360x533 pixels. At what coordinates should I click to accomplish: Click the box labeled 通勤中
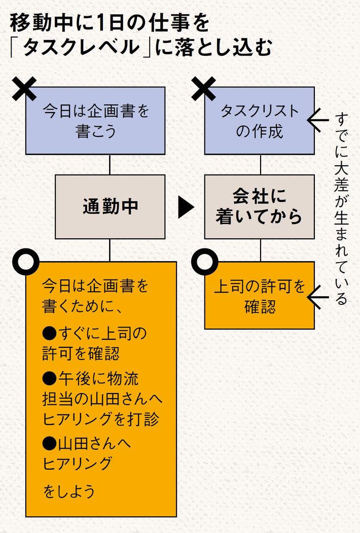coord(110,207)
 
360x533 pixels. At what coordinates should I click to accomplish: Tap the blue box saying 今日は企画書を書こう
coord(95,121)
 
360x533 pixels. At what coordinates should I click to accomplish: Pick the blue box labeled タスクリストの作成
coord(259,121)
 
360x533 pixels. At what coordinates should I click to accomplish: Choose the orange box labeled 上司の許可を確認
coord(259,295)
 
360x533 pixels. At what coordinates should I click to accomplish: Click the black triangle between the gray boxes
coord(186,207)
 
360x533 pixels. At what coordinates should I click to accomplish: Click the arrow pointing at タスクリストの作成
coord(319,121)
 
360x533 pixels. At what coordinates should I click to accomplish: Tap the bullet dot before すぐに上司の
coord(49,333)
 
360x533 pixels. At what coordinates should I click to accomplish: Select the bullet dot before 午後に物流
coord(49,378)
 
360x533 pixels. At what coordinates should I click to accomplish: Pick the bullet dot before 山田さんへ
coord(49,443)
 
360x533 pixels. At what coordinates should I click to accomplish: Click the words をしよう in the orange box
coord(69,491)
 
